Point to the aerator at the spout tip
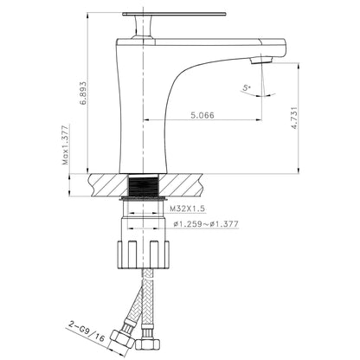pos(257,61)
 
